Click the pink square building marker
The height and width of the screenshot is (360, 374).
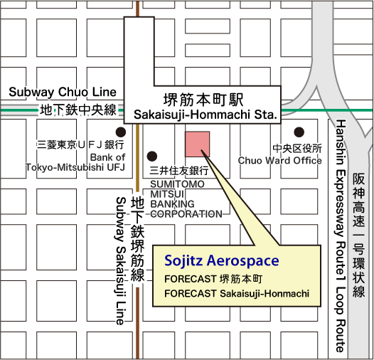(x=197, y=144)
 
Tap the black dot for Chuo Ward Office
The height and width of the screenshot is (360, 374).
(x=299, y=132)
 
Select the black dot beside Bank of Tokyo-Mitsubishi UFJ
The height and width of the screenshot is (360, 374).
(x=122, y=132)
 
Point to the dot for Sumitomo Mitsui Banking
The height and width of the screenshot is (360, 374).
(x=151, y=156)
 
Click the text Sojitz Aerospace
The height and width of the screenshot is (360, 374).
(x=221, y=261)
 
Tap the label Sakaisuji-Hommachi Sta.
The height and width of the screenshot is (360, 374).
(x=205, y=114)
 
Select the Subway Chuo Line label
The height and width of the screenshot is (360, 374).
(x=63, y=92)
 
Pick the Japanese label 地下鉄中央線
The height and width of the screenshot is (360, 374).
(x=78, y=110)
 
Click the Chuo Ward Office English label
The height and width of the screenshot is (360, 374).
(x=279, y=161)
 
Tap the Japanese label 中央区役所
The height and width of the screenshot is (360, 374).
(x=297, y=149)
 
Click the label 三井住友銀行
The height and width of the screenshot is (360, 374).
(x=179, y=171)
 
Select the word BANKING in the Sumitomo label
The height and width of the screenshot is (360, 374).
(x=171, y=203)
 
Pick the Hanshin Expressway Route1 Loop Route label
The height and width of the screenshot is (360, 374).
(x=341, y=235)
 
